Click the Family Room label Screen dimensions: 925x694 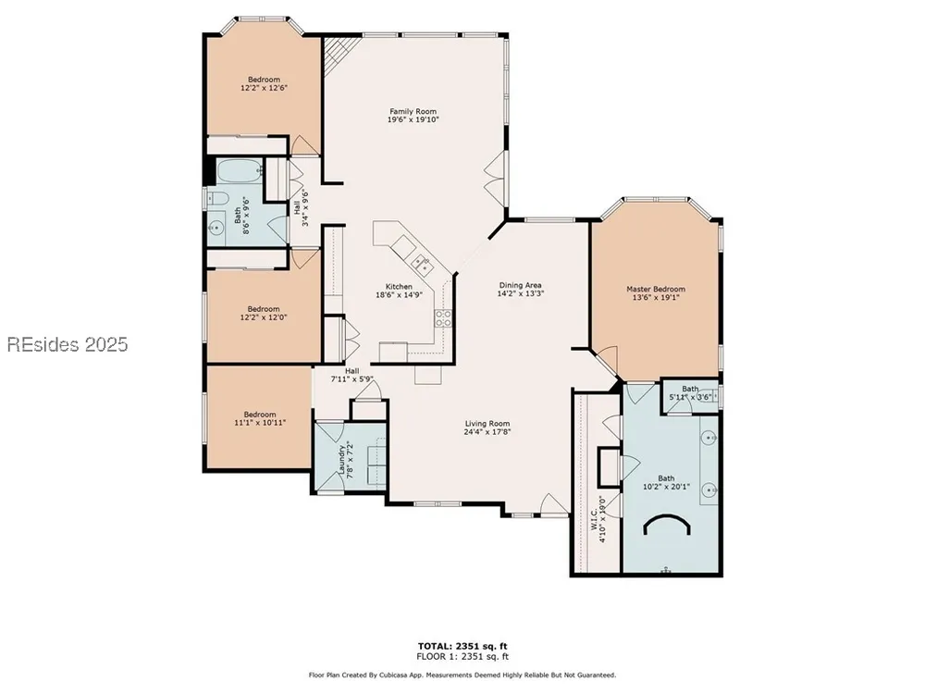coord(413,111)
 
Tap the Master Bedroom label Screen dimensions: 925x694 coord(656,289)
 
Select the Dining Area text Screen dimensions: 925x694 coord(520,285)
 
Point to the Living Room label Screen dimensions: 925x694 coord(487,423)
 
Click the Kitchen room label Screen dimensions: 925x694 coord(399,287)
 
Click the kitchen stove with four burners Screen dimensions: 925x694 coord(443,318)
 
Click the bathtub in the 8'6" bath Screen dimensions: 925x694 coord(240,172)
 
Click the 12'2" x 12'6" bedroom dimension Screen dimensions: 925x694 coord(264,88)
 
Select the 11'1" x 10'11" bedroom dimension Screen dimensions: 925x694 coord(260,423)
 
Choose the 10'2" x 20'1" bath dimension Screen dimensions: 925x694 coord(666,487)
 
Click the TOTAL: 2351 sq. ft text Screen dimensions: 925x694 coord(462,646)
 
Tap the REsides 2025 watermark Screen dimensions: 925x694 coord(68,344)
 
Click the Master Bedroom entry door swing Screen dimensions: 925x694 coord(606,361)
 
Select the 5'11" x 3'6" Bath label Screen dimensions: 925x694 coord(690,393)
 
